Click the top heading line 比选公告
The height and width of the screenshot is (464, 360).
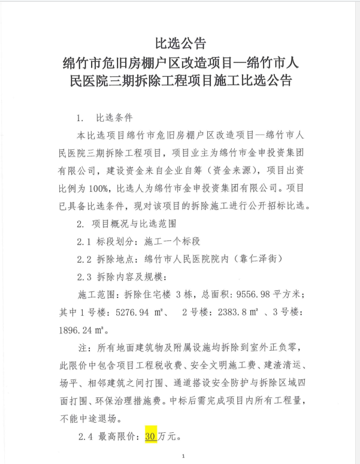180,43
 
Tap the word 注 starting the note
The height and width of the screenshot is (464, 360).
82,348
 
